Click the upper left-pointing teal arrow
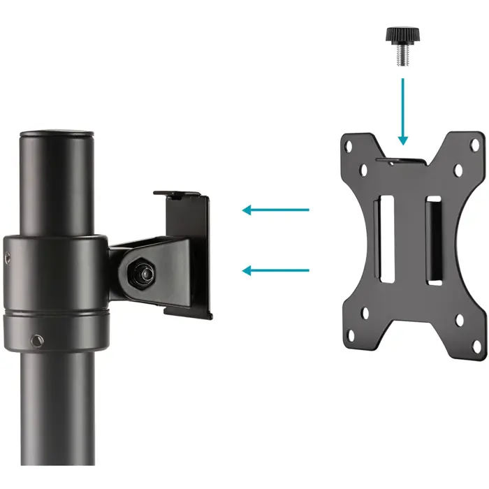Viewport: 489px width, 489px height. pos(275,209)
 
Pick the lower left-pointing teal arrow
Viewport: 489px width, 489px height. pos(275,270)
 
